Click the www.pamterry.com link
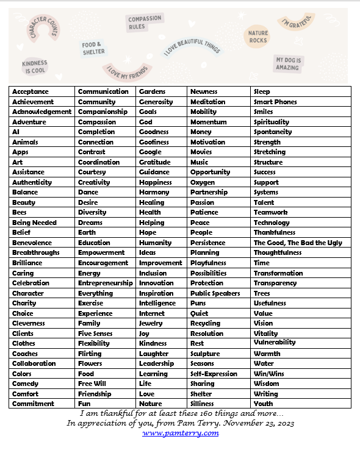[x=180, y=433]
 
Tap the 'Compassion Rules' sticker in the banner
[x=145, y=23]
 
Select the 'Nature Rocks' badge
[x=258, y=37]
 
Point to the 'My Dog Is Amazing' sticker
[x=287, y=64]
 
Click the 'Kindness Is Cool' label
[x=34, y=67]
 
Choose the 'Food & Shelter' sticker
[x=93, y=48]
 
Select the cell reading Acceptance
[x=31, y=91]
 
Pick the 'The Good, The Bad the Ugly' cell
[x=298, y=243]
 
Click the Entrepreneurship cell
[x=105, y=283]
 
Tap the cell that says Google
[x=150, y=152]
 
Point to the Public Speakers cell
[x=215, y=293]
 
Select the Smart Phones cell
[x=275, y=102]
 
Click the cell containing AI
[x=16, y=132]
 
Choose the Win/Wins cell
[x=269, y=374]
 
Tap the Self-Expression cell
[x=214, y=374]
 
